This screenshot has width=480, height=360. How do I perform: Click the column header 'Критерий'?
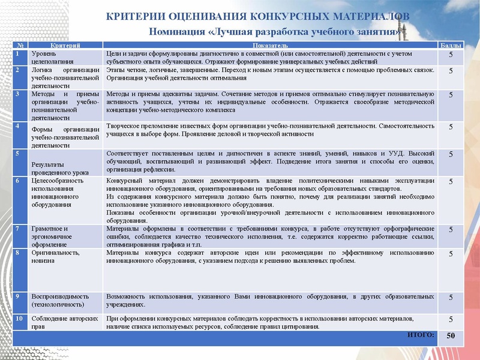[65, 46]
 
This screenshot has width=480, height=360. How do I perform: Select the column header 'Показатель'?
[271, 46]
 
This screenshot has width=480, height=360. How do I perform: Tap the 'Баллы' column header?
[451, 46]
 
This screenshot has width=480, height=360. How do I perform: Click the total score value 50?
[451, 337]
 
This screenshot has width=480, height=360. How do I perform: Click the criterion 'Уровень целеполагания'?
[52, 58]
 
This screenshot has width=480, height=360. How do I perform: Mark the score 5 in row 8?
[451, 254]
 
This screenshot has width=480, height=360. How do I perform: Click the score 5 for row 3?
[451, 95]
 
